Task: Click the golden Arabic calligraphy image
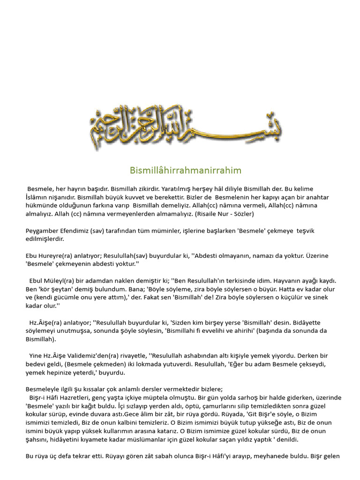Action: click(186, 127)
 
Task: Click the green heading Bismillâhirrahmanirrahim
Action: click(186, 170)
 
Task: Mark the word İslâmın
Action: click(38, 197)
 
